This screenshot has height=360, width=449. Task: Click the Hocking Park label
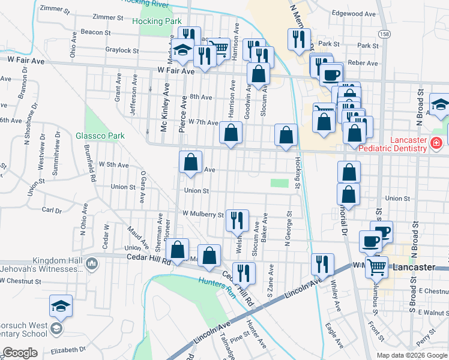tap(156, 22)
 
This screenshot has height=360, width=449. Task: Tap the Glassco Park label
tap(100, 136)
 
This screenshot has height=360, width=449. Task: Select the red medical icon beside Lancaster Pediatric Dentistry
tap(436, 143)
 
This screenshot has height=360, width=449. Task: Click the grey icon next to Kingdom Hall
tap(92, 263)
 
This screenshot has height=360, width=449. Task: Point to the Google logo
tap(19, 353)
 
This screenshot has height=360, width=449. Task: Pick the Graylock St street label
tap(121, 50)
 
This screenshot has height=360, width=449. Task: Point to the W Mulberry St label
tap(202, 213)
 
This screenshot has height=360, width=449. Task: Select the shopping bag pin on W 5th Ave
tap(190, 162)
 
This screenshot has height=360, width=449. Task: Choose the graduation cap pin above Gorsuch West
tap(61, 306)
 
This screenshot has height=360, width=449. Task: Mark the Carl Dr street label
tap(52, 211)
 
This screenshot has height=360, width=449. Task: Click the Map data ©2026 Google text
tap(411, 355)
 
